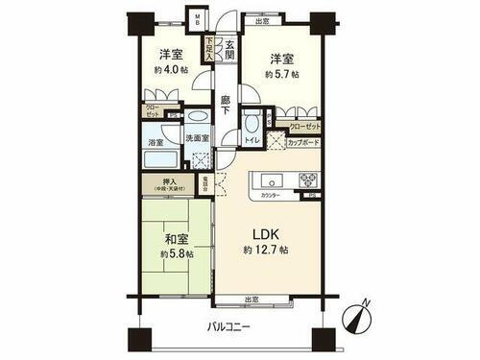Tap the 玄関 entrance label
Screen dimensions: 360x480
219,49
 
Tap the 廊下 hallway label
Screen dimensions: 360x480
225,104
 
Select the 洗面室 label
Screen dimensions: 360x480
198,138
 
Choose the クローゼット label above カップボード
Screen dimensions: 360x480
305,126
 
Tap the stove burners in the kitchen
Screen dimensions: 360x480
307,179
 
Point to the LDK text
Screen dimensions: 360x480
265,233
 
